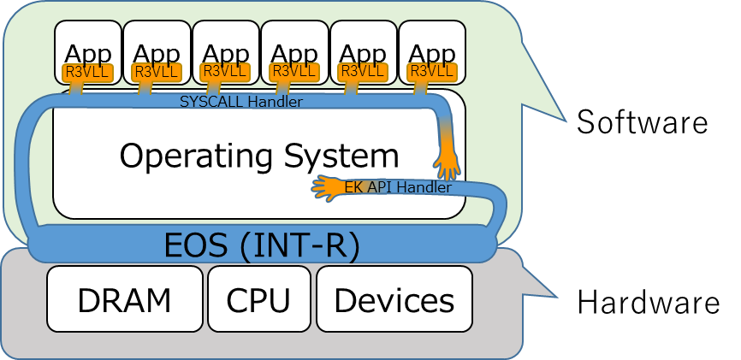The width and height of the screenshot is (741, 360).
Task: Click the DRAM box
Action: point(124,299)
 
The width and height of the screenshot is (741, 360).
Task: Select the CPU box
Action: point(258,299)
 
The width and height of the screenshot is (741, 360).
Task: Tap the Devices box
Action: point(394,299)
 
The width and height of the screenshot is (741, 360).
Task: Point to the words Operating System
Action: point(258,156)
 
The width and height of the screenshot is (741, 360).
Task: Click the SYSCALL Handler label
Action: point(241,102)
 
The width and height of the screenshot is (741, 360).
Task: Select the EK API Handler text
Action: point(398,187)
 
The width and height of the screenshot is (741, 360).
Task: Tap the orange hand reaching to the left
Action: point(329,186)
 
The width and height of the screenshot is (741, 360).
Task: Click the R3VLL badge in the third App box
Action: point(225,72)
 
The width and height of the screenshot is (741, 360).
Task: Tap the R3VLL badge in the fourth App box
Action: point(293,72)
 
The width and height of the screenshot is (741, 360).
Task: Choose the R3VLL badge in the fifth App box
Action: point(364,72)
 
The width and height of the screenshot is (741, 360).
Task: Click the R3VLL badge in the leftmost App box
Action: point(87,72)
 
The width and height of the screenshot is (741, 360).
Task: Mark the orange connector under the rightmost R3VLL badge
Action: point(420,87)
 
